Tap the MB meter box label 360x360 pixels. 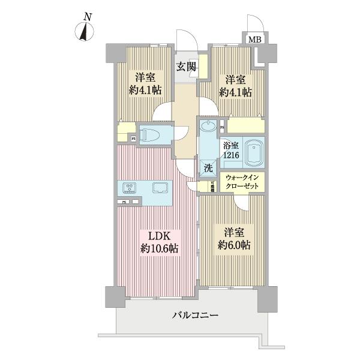pyautogui.click(x=255, y=40)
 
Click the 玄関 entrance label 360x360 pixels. pyautogui.click(x=185, y=67)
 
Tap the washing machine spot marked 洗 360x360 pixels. pyautogui.click(x=208, y=169)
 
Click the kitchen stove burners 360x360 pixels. pyautogui.click(x=130, y=188)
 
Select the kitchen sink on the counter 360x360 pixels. pyautogui.click(x=160, y=188)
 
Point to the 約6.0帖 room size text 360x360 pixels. pyautogui.click(x=233, y=245)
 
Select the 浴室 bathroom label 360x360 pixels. pyautogui.click(x=231, y=145)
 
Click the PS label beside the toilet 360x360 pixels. pyautogui.click(x=133, y=139)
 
